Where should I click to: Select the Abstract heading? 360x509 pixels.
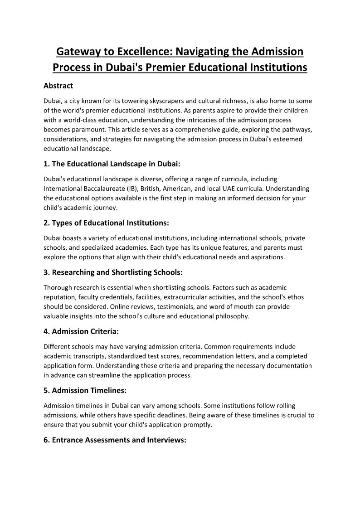click(x=58, y=85)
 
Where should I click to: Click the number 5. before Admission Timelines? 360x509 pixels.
click(x=47, y=390)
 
